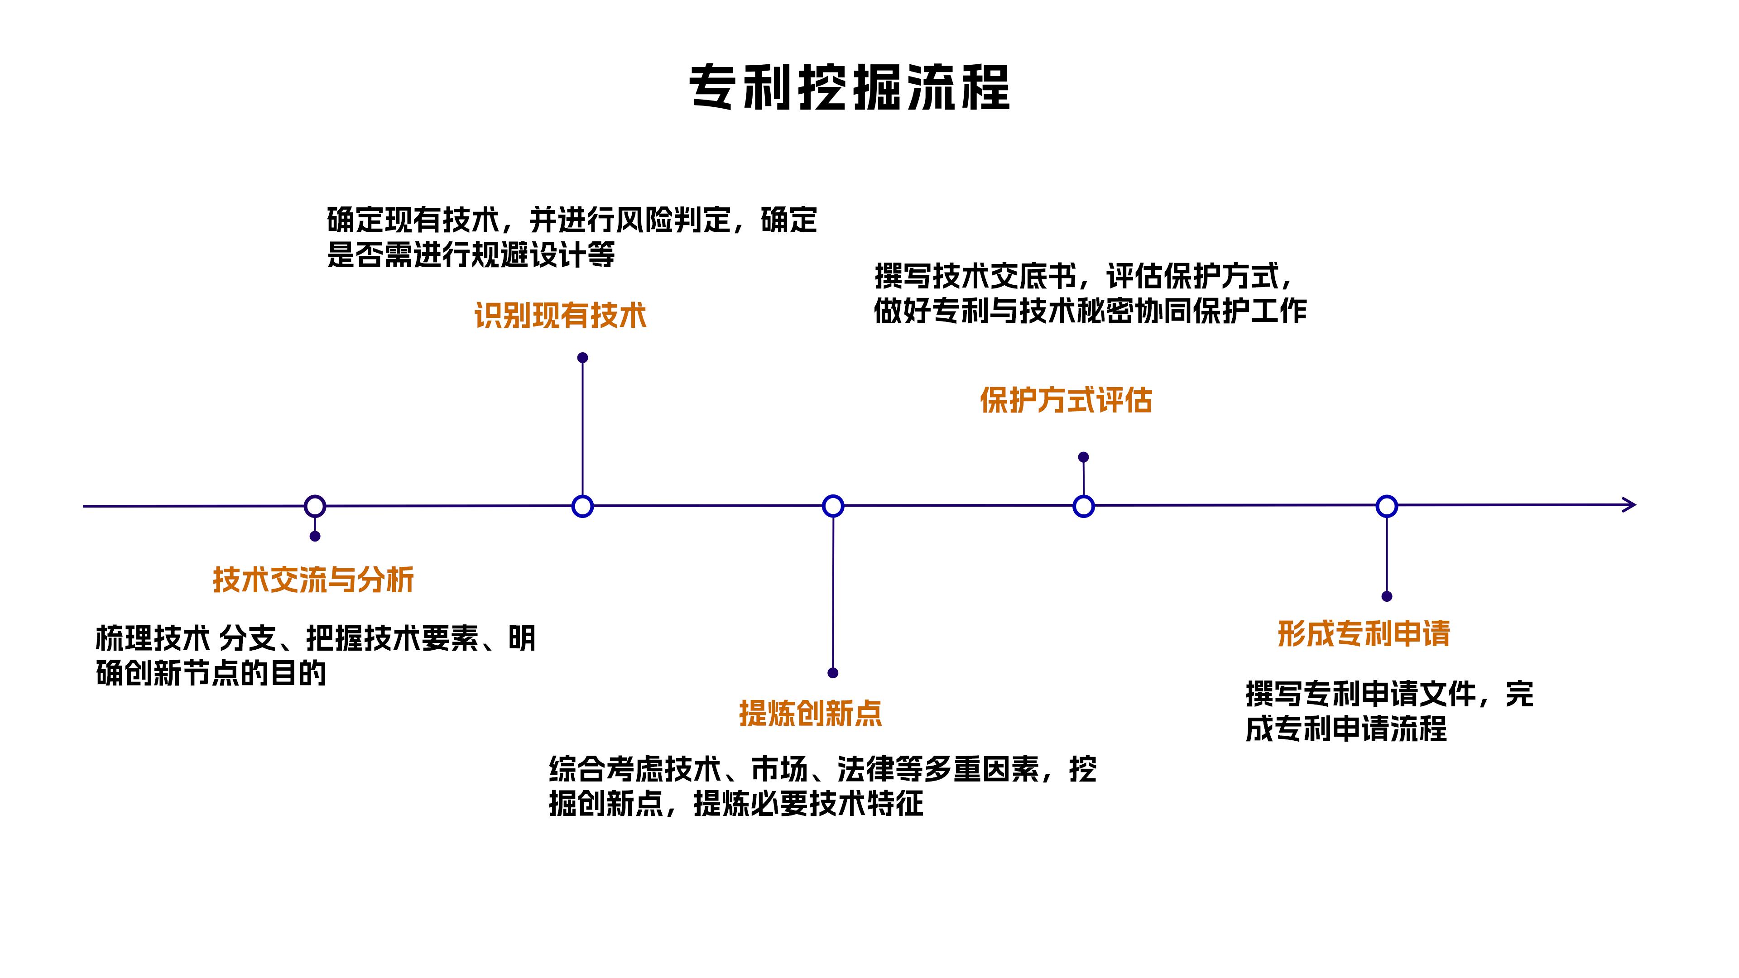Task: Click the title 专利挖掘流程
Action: click(849, 88)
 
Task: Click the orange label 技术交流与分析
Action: click(313, 580)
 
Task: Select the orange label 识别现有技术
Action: click(560, 315)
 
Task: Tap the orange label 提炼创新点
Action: click(811, 714)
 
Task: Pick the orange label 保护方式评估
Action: click(1066, 400)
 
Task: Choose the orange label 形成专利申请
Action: click(1364, 634)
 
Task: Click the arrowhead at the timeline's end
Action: click(1629, 505)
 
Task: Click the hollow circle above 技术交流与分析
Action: click(315, 506)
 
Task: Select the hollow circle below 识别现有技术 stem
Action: click(582, 506)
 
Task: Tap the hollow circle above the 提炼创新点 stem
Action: click(833, 506)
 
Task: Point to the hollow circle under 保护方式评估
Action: click(1084, 506)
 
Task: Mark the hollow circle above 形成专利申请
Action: click(1387, 506)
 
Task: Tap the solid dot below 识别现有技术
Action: click(582, 358)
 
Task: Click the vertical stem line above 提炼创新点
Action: click(833, 594)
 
